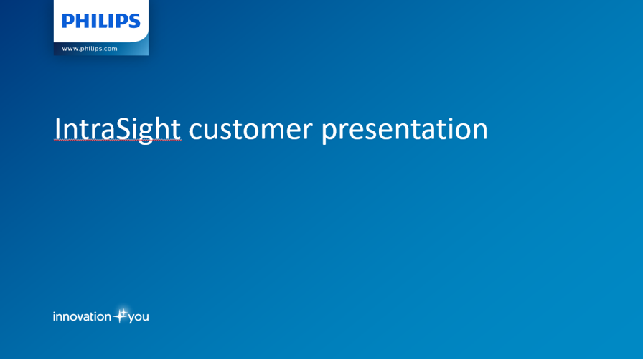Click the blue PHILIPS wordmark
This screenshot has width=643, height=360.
tap(101, 21)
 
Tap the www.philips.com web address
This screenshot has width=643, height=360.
tap(90, 48)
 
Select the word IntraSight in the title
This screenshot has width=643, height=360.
tap(117, 130)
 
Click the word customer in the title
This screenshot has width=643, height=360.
tap(250, 130)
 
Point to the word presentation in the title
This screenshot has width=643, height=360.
tap(404, 131)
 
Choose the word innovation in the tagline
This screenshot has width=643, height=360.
tap(82, 316)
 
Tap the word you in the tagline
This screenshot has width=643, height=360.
tap(139, 318)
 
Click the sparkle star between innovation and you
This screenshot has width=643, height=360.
tap(120, 316)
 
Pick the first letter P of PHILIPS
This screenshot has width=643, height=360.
tap(67, 21)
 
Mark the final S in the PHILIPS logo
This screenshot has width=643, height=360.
tap(134, 21)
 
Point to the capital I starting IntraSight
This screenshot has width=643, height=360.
tap(57, 130)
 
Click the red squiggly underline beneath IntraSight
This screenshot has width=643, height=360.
tap(118, 140)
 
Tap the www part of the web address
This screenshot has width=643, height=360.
tap(70, 49)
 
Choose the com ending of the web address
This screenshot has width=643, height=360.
tap(111, 49)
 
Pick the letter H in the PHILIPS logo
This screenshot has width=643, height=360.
tap(82, 21)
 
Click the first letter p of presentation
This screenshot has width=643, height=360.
tap(329, 133)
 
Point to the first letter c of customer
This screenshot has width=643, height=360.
tap(194, 132)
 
